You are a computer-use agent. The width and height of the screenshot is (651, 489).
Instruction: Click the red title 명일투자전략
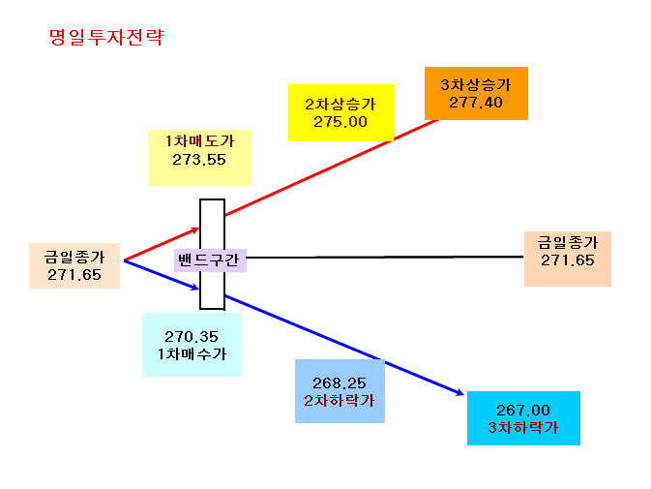click(x=106, y=37)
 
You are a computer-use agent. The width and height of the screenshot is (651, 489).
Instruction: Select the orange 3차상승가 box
click(x=476, y=94)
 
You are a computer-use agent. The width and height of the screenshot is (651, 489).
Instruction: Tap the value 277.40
click(x=476, y=103)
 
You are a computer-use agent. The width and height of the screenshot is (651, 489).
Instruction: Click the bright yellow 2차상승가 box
click(x=340, y=112)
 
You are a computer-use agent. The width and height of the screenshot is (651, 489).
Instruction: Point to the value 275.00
click(x=340, y=122)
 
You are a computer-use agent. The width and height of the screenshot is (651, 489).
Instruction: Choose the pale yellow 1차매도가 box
click(x=199, y=158)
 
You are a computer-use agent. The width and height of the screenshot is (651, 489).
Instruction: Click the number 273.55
click(x=199, y=160)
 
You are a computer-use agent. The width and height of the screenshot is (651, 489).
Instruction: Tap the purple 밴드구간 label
click(x=210, y=260)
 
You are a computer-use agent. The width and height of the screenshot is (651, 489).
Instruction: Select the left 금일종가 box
click(x=74, y=265)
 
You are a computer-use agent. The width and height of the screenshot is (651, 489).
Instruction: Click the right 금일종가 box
click(x=568, y=259)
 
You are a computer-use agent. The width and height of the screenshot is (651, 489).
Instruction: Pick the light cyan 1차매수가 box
click(x=192, y=345)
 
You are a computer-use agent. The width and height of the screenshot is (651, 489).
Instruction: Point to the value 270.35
click(x=192, y=337)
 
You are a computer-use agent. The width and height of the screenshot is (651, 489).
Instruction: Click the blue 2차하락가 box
click(x=340, y=391)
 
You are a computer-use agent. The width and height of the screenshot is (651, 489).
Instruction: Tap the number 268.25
click(x=340, y=382)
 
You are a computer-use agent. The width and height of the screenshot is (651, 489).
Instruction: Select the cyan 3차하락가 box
click(x=523, y=418)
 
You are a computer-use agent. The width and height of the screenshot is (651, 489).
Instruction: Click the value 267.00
click(x=523, y=410)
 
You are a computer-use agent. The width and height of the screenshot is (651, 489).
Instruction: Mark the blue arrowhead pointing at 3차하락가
click(x=459, y=392)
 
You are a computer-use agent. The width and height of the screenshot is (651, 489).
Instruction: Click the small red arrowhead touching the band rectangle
click(x=195, y=229)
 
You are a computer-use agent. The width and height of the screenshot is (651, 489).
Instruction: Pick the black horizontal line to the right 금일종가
click(x=385, y=258)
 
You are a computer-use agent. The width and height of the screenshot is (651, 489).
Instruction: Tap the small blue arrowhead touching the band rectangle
click(x=194, y=287)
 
